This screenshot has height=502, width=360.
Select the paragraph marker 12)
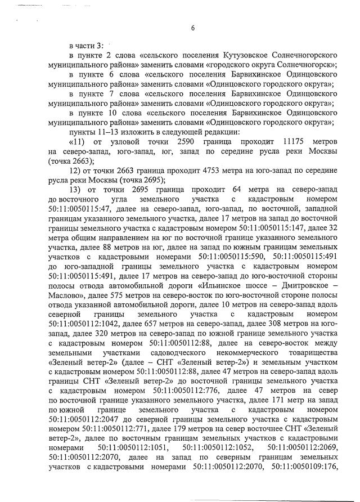pyautogui.click(x=76, y=171)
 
